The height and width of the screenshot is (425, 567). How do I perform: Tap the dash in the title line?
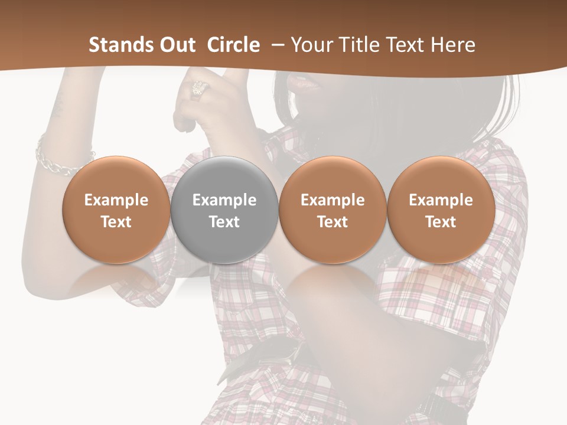(x=275, y=45)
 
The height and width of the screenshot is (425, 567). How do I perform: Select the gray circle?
(x=224, y=210)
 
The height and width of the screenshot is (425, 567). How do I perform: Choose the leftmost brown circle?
(x=116, y=210)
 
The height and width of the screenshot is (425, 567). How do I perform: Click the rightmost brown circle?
(x=441, y=210)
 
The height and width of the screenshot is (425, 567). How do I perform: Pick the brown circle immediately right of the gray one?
(x=333, y=210)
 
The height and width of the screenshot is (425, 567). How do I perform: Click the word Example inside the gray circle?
(x=224, y=200)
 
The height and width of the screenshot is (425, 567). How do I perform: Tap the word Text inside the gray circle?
(x=224, y=222)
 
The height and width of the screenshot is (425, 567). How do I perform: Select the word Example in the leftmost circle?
(x=116, y=200)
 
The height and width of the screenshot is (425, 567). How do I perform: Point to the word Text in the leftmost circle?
(x=116, y=222)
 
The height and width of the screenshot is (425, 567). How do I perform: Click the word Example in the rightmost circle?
(x=441, y=200)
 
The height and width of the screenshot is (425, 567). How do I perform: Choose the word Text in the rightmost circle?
(x=441, y=222)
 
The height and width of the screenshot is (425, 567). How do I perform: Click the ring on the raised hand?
(x=199, y=89)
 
